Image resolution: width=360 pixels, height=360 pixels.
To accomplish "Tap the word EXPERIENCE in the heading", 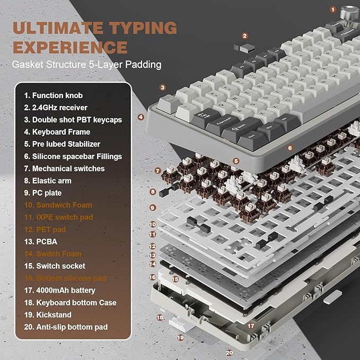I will pos(71,47).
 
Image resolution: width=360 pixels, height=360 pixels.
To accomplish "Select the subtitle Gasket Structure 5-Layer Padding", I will pos(87,65).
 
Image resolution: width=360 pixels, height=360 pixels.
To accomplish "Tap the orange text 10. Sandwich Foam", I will pos(58,205).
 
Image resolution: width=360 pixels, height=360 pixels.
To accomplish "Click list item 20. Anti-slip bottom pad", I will pos(66,327).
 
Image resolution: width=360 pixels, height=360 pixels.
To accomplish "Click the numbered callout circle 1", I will pos(333,9).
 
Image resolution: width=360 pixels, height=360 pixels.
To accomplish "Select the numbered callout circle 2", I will pos(244,36).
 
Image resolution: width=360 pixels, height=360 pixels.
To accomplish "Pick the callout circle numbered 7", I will pos(157,171).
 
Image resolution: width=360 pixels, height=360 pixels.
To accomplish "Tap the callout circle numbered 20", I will pos(229,352).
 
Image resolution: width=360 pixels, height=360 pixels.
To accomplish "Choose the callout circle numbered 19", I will pos(180,337).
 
